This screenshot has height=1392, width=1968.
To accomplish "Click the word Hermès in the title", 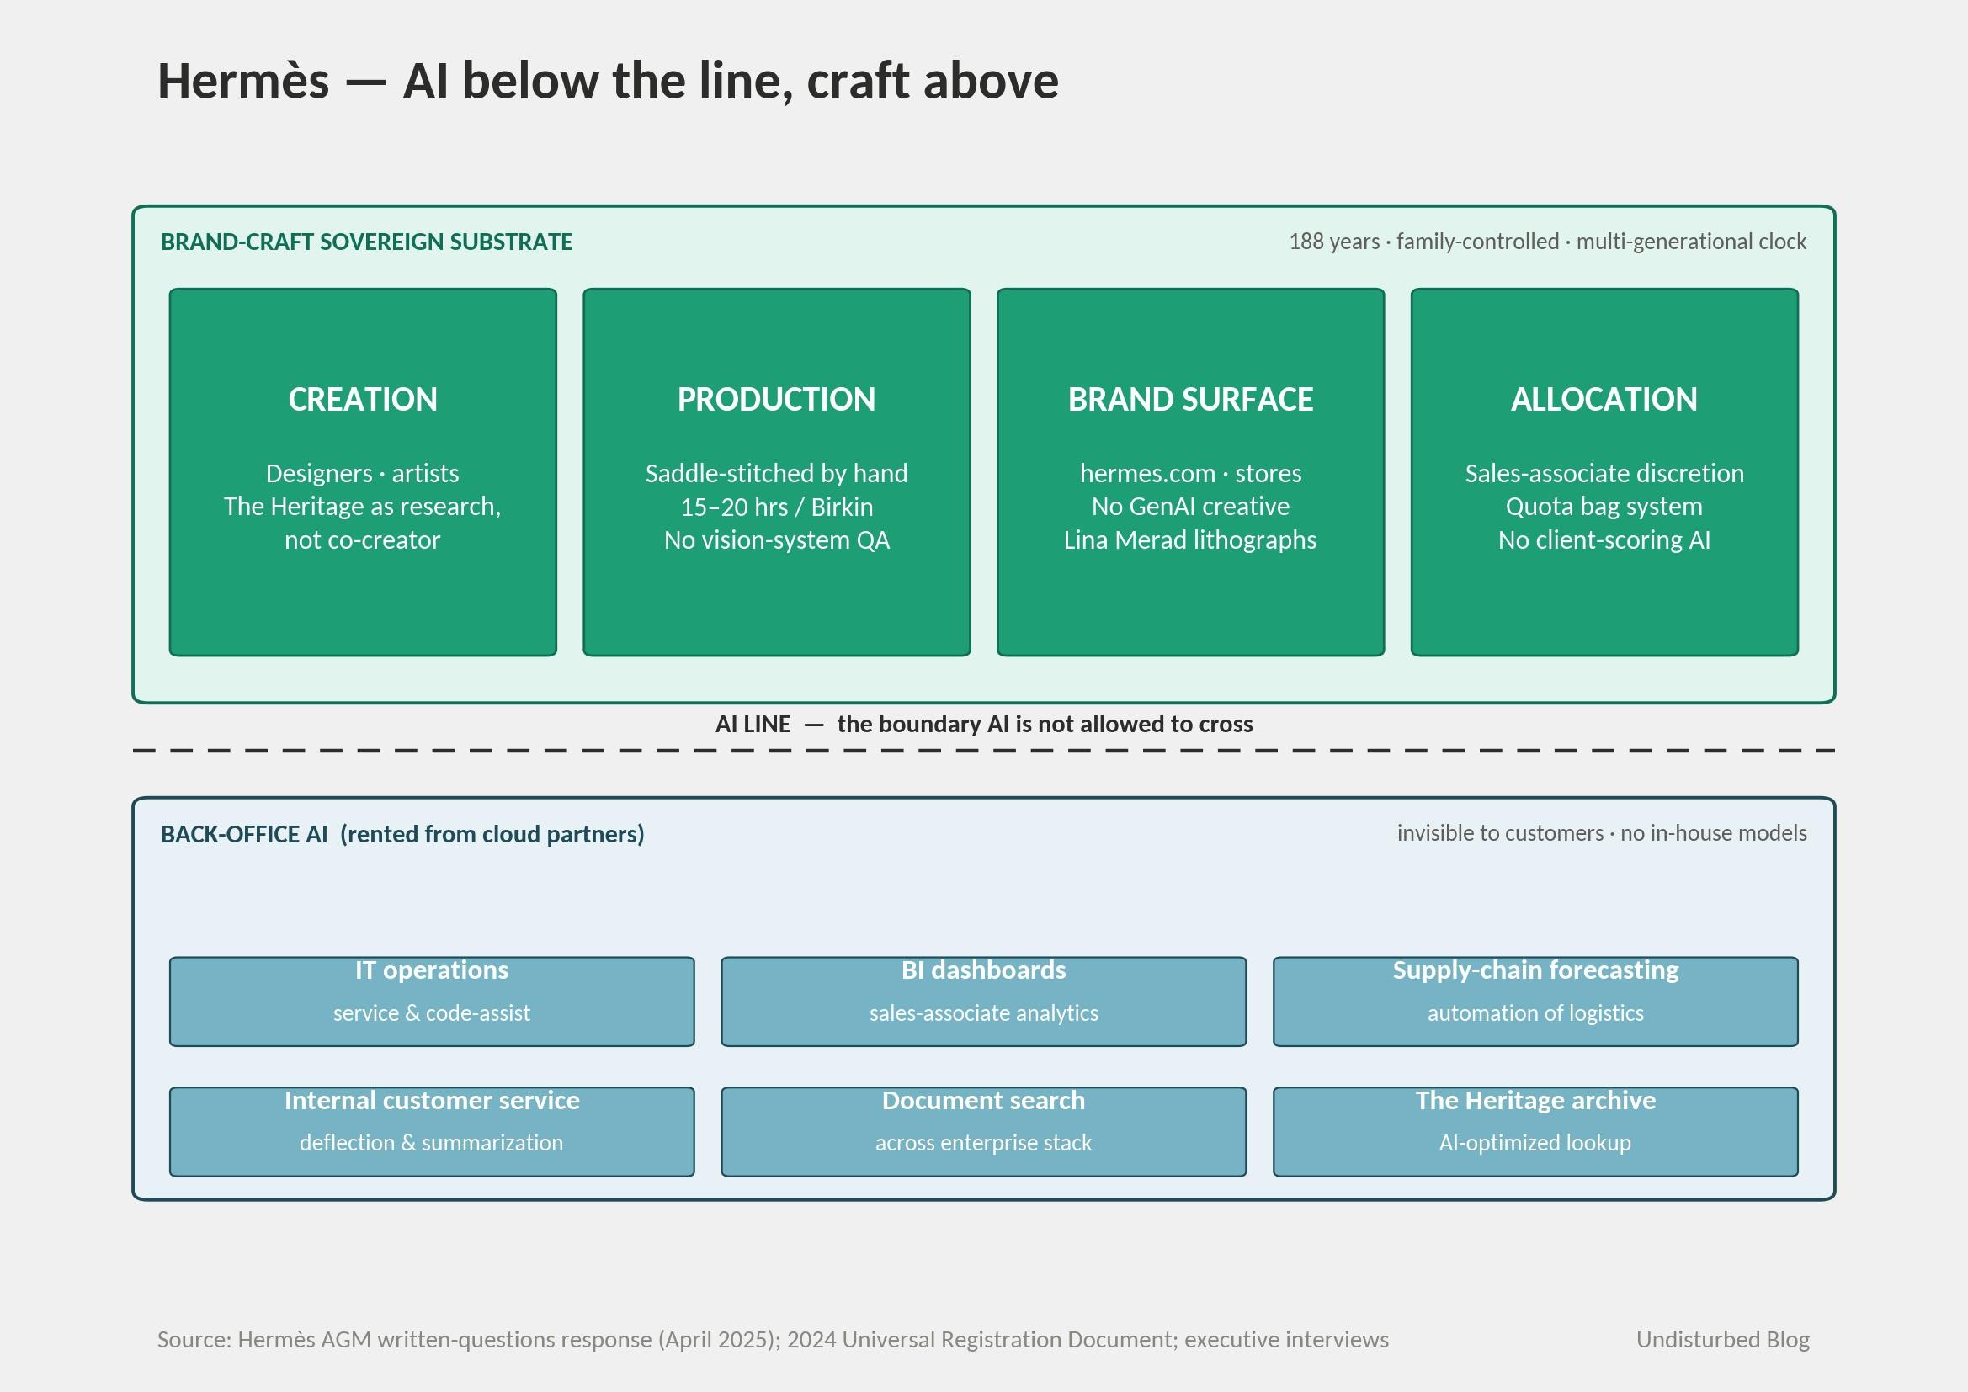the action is tap(243, 81).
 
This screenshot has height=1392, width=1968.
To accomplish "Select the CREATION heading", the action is tap(363, 400).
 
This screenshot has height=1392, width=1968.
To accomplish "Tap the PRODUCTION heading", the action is tap(777, 400).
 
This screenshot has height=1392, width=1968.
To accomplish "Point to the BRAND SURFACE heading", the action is tap(1190, 400).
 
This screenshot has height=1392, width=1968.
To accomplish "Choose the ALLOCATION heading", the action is tap(1604, 400).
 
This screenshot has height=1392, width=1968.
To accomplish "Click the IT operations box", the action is tap(432, 1001).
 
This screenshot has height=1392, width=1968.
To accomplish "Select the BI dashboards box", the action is tap(984, 1001).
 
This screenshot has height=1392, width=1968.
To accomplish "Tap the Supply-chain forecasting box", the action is tap(1536, 1001).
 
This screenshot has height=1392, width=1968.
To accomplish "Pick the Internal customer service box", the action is tap(432, 1131).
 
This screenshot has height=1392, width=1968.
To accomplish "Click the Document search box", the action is tap(984, 1131).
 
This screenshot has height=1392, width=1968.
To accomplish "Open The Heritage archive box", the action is tap(1536, 1131).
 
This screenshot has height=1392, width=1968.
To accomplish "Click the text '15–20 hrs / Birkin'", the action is tap(777, 507).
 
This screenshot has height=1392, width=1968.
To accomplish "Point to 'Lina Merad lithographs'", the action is tap(1190, 540).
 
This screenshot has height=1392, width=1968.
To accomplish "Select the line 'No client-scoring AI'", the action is tap(1604, 540).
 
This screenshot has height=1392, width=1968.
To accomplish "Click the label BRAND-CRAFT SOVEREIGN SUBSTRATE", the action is tap(367, 242).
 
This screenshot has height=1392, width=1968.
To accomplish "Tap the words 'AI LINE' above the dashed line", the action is tap(753, 725).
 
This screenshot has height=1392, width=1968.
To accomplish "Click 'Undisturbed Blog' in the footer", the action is tap(1723, 1340).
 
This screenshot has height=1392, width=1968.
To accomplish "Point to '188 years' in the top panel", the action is tap(1334, 242).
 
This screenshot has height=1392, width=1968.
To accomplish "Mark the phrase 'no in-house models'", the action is tap(1714, 833).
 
